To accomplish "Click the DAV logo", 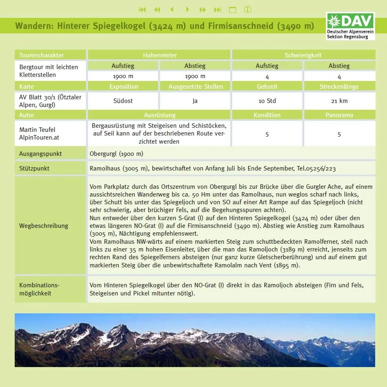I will (350, 26).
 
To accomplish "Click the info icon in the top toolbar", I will (247, 9).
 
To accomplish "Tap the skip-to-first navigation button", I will (142, 9).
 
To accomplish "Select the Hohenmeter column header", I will (160, 55).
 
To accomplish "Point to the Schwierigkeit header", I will (303, 55).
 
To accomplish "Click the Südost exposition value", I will (123, 101).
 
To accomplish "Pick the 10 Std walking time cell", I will (267, 101).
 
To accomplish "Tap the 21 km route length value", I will (339, 101).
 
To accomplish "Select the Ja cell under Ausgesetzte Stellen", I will (195, 101).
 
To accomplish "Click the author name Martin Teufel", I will (37, 130).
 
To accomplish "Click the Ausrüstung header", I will (160, 115).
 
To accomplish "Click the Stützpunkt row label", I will (34, 168).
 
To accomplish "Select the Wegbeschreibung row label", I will (44, 226).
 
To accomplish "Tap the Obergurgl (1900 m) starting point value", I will (117, 154).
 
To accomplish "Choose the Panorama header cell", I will (339, 115).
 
